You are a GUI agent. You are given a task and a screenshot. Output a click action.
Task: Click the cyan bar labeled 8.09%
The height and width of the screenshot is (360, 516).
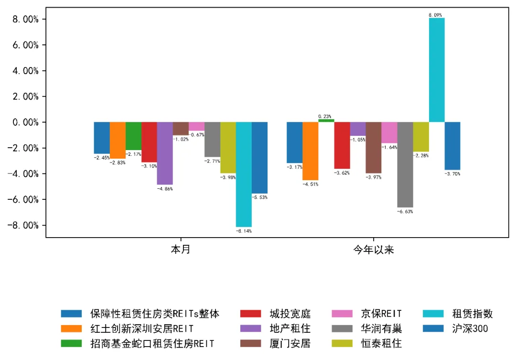437,70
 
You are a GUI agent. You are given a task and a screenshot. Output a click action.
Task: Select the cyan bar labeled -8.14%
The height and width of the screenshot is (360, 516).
244,174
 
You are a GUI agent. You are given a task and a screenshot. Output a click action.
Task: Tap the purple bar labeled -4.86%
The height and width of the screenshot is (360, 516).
165,153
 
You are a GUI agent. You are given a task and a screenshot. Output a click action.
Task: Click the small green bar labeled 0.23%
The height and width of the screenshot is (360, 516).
326,120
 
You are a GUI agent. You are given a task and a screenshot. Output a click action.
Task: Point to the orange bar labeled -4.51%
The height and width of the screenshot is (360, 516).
310,151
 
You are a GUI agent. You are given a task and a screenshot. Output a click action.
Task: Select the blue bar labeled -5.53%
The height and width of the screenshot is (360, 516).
259,157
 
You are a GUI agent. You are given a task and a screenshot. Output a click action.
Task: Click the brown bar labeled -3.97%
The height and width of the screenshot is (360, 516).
374,147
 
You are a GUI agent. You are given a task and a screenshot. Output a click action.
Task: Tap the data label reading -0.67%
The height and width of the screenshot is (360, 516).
197,135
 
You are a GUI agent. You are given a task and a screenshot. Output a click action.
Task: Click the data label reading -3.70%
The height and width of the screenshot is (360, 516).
452,174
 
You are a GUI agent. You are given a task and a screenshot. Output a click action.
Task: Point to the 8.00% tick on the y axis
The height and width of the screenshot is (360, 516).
27,19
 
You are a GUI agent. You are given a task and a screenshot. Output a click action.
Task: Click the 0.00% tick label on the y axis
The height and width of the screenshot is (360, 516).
27,122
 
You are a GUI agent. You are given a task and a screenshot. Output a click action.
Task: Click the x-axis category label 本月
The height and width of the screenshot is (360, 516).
181,250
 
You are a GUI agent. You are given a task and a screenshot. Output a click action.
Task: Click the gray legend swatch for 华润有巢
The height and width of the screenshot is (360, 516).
342,328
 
